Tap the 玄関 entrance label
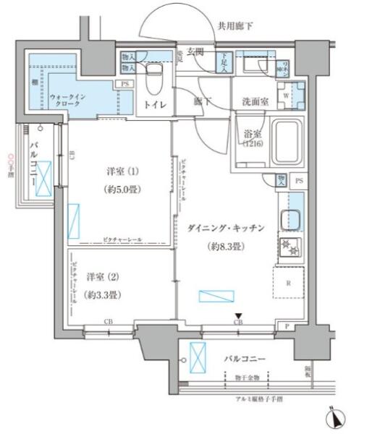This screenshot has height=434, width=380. (x=195, y=52)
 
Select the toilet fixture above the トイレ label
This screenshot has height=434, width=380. (x=153, y=79)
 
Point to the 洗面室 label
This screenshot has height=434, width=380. (x=255, y=102)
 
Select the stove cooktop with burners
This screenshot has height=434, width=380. (x=290, y=249)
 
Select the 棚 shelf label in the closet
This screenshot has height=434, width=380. (x=34, y=82)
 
